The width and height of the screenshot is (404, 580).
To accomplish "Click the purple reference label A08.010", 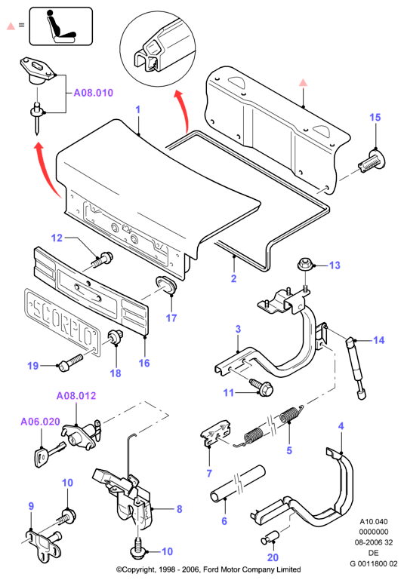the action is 94,93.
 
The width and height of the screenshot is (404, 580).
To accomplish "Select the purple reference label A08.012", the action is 76,396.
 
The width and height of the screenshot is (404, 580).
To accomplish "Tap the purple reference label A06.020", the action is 40,422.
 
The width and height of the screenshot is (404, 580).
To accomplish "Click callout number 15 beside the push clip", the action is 375,117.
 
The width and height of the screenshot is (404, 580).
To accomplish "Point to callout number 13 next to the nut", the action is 335,265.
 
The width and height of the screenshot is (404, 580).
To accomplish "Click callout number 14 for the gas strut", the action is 379,340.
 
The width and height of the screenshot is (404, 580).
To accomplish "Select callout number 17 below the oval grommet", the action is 171,318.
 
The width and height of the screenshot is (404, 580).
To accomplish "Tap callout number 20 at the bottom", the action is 273,557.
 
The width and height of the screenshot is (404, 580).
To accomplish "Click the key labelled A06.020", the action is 48,454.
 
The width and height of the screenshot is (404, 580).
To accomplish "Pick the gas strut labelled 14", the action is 356,367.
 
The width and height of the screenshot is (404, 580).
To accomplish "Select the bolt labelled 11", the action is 262,387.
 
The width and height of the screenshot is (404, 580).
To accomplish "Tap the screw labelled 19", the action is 70,362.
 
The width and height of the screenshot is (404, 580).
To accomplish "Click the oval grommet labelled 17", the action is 165,285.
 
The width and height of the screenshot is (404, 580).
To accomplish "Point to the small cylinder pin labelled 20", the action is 270,537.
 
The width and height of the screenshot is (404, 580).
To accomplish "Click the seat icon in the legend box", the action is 61,26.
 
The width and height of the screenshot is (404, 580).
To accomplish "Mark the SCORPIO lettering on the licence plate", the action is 62,323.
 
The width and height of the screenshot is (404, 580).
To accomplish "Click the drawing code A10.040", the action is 374,522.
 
